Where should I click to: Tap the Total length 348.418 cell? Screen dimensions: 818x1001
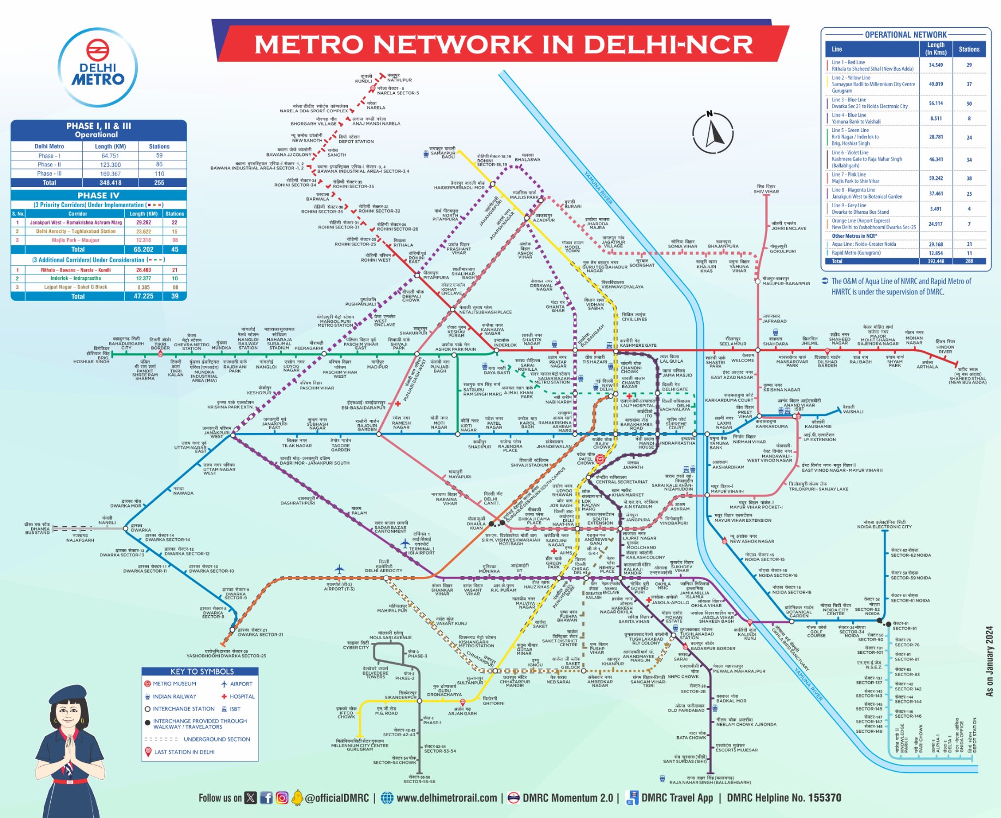click(x=110, y=183)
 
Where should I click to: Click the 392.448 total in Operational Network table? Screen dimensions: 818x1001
click(x=936, y=261)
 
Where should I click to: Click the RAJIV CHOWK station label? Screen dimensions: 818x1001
click(x=602, y=445)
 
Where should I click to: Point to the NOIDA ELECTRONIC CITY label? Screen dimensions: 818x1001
click(x=884, y=525)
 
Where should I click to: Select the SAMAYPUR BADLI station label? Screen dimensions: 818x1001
click(x=443, y=153)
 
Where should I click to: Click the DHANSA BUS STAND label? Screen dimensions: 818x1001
click(x=38, y=528)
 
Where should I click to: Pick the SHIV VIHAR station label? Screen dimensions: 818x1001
click(x=766, y=189)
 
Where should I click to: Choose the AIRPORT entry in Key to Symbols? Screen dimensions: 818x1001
click(x=237, y=684)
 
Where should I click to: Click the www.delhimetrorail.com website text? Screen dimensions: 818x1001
click(x=446, y=798)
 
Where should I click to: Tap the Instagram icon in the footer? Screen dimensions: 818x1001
click(x=282, y=798)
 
